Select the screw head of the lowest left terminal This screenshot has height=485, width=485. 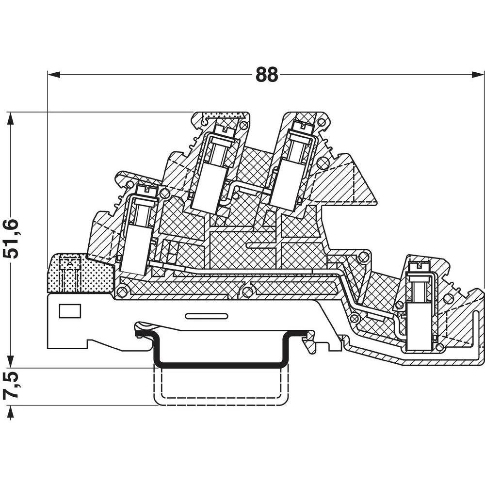tap(145, 191)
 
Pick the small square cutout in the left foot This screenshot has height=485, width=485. tap(69, 311)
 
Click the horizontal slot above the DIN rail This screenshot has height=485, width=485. tap(207, 317)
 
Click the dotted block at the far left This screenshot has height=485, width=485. tap(80, 274)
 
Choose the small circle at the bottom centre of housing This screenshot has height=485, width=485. tap(248, 291)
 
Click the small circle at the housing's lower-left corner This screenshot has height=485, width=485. tap(122, 291)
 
